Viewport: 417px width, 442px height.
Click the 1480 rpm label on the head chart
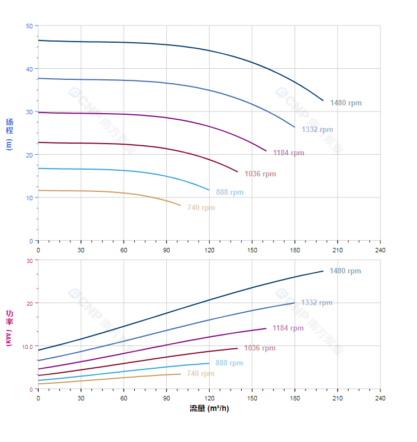pos(345,103)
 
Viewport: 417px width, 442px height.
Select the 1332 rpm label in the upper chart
pos(317,130)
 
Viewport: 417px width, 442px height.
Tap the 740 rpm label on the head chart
pos(201,208)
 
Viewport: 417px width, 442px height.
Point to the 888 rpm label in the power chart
pos(229,363)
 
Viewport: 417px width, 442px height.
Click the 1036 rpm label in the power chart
pos(260,348)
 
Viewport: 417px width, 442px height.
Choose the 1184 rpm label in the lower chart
pos(288,328)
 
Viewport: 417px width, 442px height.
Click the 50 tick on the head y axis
pos(29,26)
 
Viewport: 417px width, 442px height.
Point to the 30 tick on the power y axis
pos(29,260)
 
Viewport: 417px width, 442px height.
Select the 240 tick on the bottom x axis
pos(380,398)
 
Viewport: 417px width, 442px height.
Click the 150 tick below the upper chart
pos(252,250)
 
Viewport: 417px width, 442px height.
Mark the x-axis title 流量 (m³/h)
pos(209,409)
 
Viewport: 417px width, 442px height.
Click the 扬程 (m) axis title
pos(9,134)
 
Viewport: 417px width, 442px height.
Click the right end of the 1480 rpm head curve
pos(323,100)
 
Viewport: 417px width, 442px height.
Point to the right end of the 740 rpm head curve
pos(181,206)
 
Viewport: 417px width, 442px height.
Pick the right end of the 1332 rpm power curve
pos(294,303)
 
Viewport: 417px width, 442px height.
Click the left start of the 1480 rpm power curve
pos(38,350)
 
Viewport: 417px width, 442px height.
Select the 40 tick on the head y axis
pos(29,69)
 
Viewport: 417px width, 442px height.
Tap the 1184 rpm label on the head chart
pos(288,153)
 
